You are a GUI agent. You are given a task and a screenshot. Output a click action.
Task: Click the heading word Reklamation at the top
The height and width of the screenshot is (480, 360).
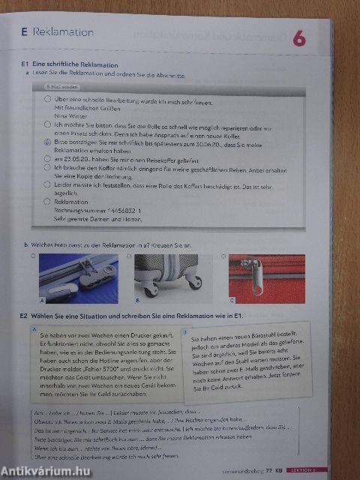[x=64, y=32]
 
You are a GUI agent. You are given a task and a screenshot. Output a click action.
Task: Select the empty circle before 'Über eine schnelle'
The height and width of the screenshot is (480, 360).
[x=49, y=99]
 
